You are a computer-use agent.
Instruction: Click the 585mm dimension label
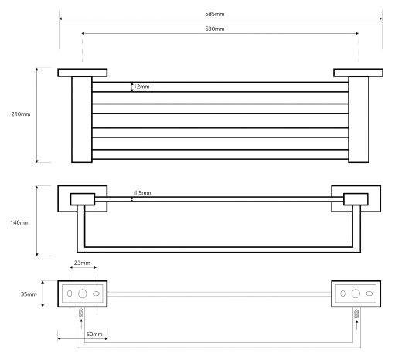pos(215,14)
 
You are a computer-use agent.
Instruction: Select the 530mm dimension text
pos(215,29)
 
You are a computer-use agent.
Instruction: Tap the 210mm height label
pos(21,114)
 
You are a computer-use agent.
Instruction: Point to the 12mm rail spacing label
pos(141,87)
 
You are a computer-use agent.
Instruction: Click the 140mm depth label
pos(20,222)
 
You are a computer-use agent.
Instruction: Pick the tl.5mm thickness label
pos(142,193)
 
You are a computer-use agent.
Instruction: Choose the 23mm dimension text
pos(82,263)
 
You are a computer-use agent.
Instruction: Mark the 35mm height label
pos(29,294)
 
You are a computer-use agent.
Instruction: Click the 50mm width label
pos(94,334)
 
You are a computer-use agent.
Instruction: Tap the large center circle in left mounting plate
pos(83,294)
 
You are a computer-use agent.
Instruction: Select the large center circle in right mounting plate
pos(356,294)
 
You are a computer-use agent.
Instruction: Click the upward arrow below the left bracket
pos(81,324)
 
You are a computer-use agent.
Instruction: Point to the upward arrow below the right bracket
pos(356,324)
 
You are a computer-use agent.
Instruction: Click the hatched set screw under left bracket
pos(81,313)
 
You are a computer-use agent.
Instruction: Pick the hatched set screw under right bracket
pos(356,313)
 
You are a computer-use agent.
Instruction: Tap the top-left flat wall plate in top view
pos(83,73)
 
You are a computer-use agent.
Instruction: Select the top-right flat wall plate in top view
pos(358,73)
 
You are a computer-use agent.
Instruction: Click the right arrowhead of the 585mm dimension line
pos(381,19)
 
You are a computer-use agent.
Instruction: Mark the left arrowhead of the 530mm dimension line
pos(83,33)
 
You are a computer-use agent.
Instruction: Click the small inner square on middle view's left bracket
pos(83,199)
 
